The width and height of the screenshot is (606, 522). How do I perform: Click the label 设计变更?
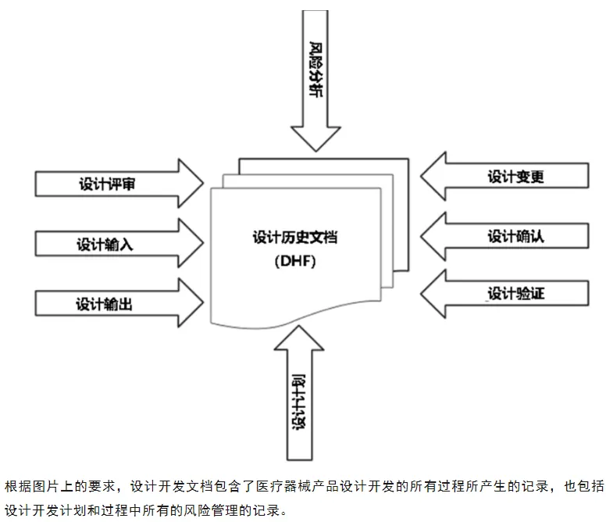coord(515,176)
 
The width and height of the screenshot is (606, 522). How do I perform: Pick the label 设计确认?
coord(515,235)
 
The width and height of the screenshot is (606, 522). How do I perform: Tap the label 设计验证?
coord(515,294)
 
